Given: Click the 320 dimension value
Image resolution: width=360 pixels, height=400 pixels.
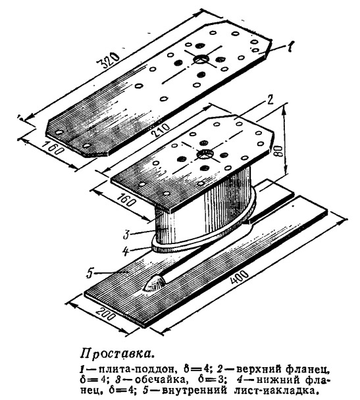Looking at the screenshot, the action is [x=109, y=61].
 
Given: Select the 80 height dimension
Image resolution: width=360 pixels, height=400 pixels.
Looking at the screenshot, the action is [x=278, y=151].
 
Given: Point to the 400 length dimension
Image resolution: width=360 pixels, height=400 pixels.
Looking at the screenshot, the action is [x=240, y=277].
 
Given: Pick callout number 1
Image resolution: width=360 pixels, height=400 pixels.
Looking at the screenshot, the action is [x=290, y=47].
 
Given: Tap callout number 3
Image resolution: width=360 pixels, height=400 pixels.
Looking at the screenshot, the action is [x=126, y=235].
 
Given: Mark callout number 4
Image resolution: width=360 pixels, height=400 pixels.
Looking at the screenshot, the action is [x=125, y=251].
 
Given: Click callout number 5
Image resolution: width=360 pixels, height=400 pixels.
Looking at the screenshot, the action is [x=90, y=274].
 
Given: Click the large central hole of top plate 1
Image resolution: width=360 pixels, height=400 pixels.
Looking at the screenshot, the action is [x=201, y=59].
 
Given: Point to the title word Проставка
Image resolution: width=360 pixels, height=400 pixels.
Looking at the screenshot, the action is [x=118, y=354].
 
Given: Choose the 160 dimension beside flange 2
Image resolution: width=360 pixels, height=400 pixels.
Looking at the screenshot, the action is [x=126, y=199].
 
